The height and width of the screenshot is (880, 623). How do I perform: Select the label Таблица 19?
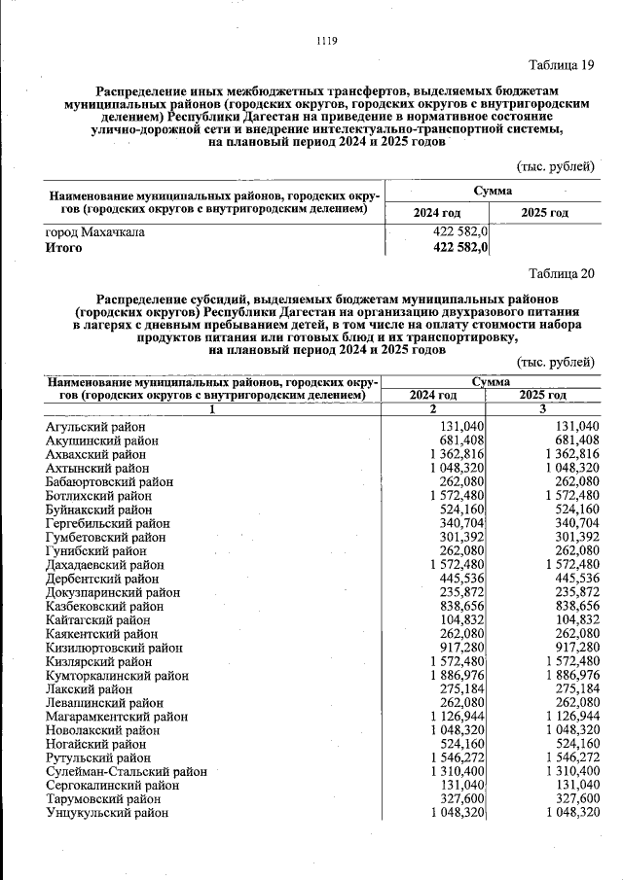[561, 66]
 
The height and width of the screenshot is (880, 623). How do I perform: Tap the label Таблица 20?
[561, 273]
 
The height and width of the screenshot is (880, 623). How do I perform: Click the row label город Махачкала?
[95, 233]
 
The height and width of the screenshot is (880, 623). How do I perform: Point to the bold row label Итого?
[64, 248]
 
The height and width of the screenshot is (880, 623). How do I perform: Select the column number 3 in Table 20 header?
[543, 409]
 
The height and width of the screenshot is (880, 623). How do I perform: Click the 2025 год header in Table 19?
[545, 212]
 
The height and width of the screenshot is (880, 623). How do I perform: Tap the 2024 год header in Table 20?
[433, 396]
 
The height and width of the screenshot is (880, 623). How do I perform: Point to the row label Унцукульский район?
[104, 812]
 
